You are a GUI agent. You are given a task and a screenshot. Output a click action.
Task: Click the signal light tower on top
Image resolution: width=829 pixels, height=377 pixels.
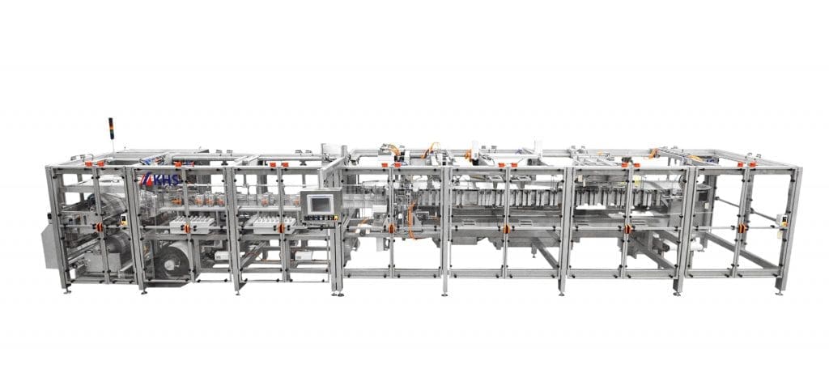tap(111, 129)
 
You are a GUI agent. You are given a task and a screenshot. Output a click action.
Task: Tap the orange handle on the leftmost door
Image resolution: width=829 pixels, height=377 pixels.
tap(99, 227)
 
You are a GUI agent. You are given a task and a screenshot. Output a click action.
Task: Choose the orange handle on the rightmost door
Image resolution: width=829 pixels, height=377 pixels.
tap(742, 228)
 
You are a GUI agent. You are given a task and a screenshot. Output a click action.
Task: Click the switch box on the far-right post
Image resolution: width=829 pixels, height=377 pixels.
tap(781, 220)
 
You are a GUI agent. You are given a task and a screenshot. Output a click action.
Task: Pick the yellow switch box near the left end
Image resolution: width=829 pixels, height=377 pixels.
tap(124, 220)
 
